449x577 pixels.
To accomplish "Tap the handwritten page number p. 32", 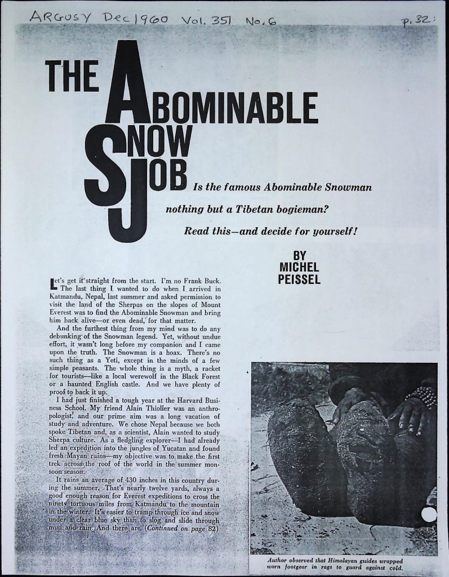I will coord(415,21).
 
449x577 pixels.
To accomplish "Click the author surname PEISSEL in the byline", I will coord(299,279).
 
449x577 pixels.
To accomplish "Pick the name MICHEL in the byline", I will coord(299,267).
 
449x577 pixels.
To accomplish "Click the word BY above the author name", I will coord(300,255).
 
